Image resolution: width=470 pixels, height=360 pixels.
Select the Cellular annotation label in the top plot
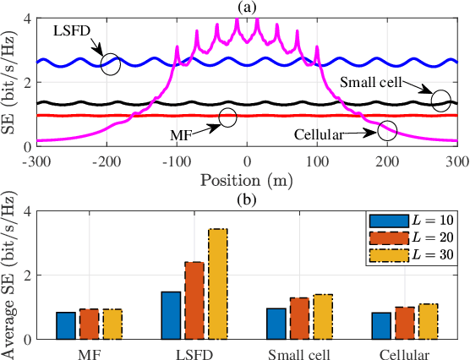click(x=321, y=134)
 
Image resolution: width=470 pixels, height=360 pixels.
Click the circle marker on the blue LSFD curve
click(x=111, y=63)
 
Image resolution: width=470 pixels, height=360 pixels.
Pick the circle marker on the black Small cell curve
click(x=440, y=101)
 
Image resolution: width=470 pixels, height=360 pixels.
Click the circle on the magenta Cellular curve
click(x=387, y=130)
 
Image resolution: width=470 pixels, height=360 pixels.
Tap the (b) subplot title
click(x=246, y=198)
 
